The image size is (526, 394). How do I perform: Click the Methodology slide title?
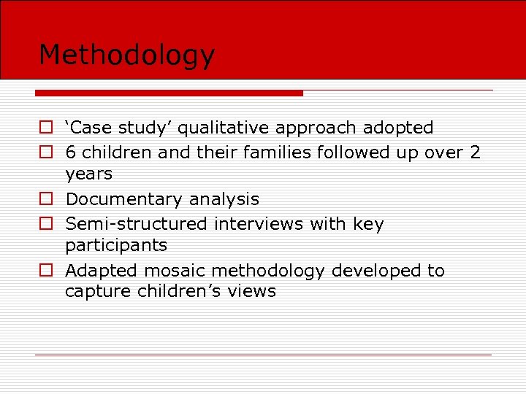pos(126,55)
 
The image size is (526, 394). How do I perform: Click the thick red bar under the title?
pos(169,93)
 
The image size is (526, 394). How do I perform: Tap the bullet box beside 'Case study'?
pos(46,128)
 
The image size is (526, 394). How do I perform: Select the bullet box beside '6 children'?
pos(46,152)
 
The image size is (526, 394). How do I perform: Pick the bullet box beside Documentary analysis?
pos(46,199)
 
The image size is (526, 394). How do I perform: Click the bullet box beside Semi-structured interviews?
pos(46,224)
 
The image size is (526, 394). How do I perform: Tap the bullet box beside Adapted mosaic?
pos(46,271)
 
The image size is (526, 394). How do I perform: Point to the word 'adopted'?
pos(399,128)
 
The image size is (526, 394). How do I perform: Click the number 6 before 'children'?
pos(70,152)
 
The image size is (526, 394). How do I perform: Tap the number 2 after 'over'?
pos(475,152)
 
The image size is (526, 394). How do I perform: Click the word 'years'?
pos(88,174)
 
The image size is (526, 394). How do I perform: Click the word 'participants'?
pos(115,245)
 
